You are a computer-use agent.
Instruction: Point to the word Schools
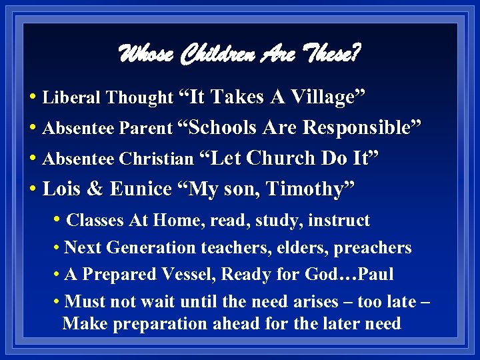219,128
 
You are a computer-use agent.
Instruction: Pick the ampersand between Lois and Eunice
95,189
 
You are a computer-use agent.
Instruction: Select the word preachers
373,248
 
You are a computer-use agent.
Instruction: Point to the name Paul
375,275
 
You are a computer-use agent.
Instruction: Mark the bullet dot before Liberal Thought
33,98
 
